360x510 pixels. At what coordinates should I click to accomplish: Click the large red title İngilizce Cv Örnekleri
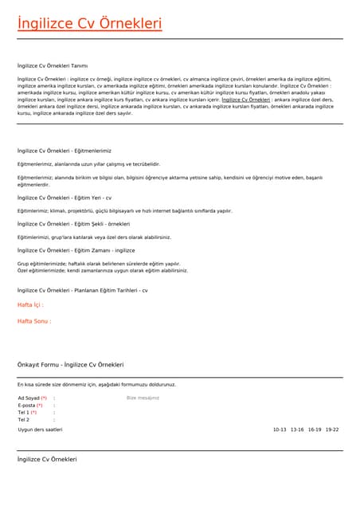[89, 24]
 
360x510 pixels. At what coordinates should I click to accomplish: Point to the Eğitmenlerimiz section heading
[65, 151]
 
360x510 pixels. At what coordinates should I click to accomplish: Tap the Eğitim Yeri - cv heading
[65, 197]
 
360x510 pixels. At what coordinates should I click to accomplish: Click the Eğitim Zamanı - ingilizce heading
[70, 250]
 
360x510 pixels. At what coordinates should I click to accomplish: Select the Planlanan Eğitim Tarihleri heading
[83, 291]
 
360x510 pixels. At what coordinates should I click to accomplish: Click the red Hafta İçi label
[30, 305]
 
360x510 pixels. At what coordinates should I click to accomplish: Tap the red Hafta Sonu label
[34, 321]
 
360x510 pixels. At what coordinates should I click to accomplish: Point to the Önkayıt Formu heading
[71, 364]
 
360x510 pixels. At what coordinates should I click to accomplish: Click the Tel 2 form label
[24, 419]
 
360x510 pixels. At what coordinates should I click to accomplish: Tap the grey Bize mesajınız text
[143, 398]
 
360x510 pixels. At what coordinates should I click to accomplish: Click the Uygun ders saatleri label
[40, 430]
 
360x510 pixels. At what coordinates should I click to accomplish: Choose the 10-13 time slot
[280, 430]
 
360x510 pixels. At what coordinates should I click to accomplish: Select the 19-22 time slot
[332, 430]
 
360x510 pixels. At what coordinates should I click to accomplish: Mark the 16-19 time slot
[315, 430]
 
